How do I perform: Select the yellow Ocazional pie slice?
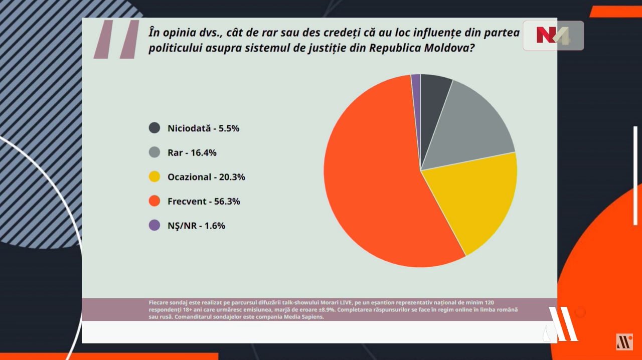[471, 201]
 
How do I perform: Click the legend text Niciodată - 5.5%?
[203, 128]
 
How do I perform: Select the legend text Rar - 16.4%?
[192, 153]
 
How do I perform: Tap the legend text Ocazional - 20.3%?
[206, 177]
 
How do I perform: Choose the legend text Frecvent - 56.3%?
[204, 202]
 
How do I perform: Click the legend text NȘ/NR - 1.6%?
[196, 226]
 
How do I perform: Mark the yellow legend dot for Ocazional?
[154, 177]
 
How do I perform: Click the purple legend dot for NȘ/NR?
[154, 226]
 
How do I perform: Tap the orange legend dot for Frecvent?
[154, 202]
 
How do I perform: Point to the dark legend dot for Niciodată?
[154, 128]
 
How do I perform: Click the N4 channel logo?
[553, 36]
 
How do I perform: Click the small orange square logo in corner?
[624, 342]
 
